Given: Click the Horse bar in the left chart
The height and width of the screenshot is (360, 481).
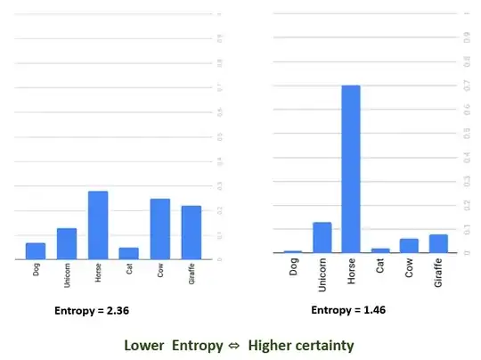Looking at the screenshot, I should pyautogui.click(x=98, y=225).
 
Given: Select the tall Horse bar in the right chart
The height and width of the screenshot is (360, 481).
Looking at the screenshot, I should pyautogui.click(x=351, y=169).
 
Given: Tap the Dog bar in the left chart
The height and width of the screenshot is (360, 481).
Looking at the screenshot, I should pyautogui.click(x=36, y=250).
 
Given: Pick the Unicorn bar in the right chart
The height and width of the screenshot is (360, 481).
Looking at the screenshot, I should pyautogui.click(x=322, y=237).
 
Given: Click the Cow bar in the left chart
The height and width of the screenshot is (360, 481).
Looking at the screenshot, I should pyautogui.click(x=160, y=229).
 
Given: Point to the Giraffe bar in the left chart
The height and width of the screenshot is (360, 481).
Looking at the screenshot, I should pyautogui.click(x=191, y=233).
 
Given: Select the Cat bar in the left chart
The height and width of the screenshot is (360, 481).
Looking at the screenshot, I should pyautogui.click(x=129, y=253).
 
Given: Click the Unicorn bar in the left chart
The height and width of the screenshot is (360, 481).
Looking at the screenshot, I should pyautogui.click(x=67, y=243).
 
